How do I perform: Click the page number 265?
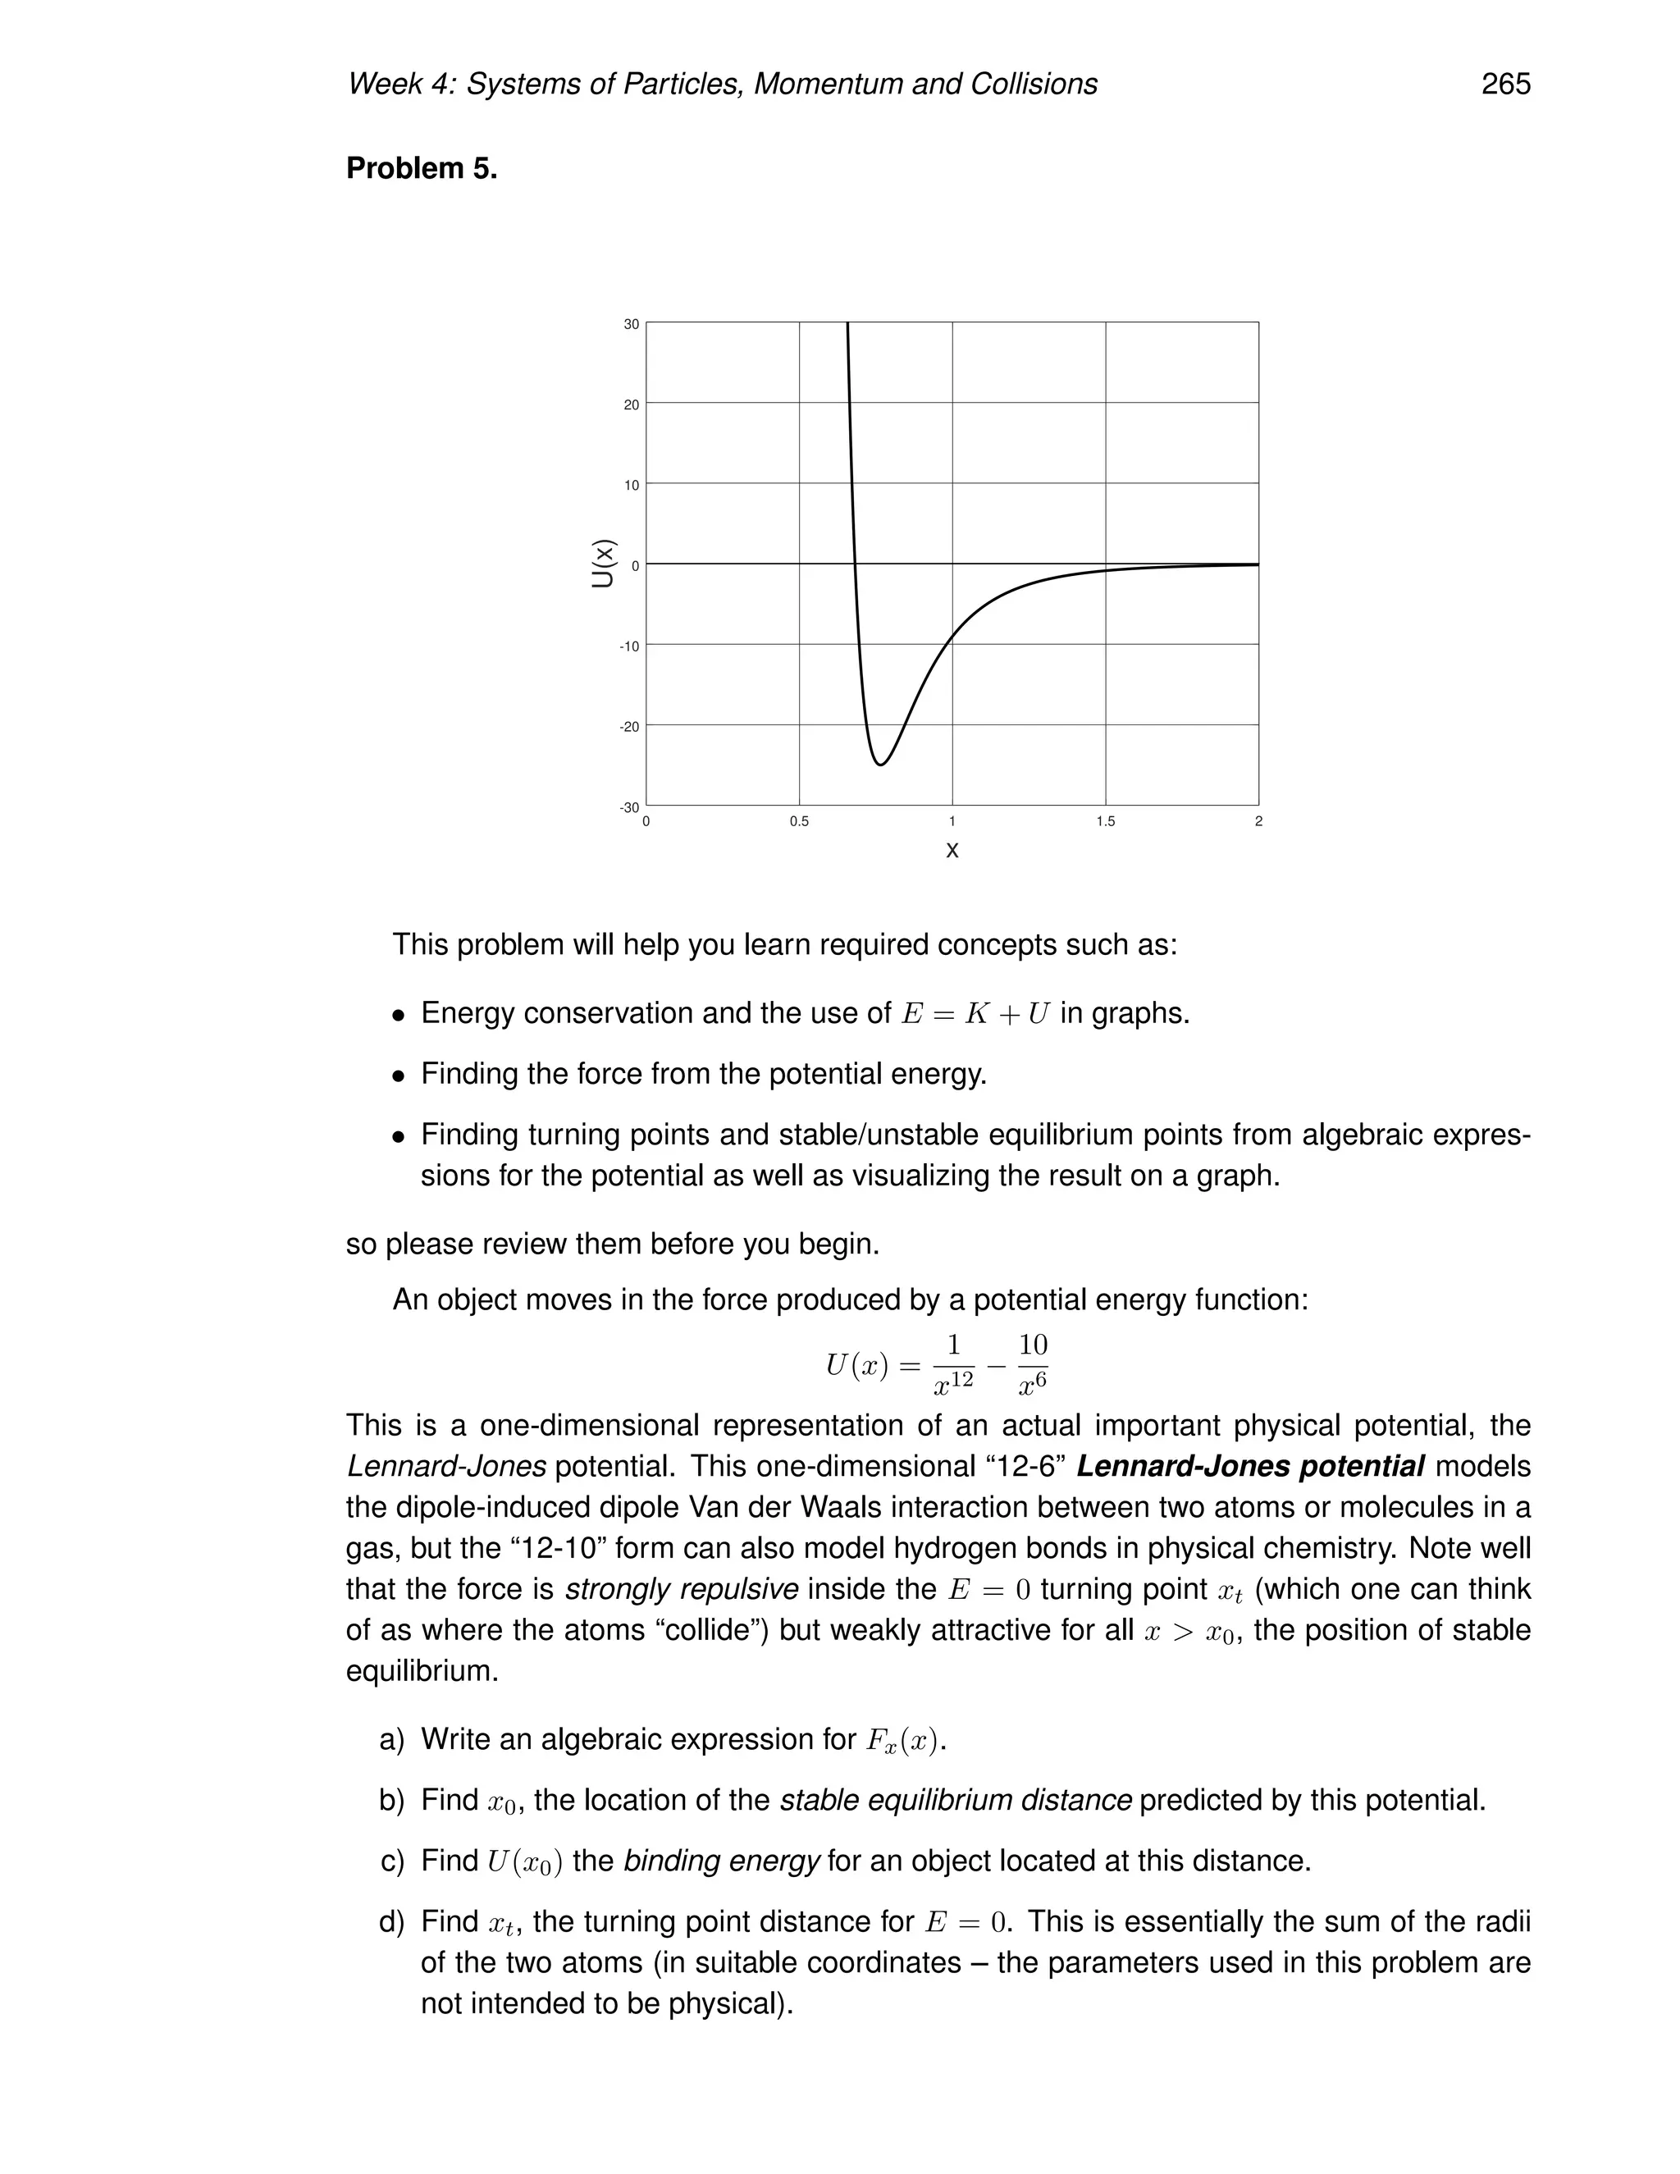point(1504,84)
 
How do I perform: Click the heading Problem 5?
point(421,168)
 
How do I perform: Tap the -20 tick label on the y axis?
point(629,727)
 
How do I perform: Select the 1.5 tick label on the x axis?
point(1105,822)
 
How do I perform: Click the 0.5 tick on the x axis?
point(798,822)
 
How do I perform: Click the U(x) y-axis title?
point(603,564)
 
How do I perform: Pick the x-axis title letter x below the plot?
point(952,851)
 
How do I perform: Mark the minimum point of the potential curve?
point(881,765)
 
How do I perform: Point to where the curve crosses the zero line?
point(855,564)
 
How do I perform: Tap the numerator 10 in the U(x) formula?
point(1033,1345)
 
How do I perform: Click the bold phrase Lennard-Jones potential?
point(1250,1468)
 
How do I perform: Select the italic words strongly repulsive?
point(681,1590)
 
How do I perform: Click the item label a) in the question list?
point(392,1740)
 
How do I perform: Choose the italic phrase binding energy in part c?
point(722,1861)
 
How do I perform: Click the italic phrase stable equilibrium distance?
point(956,1801)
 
